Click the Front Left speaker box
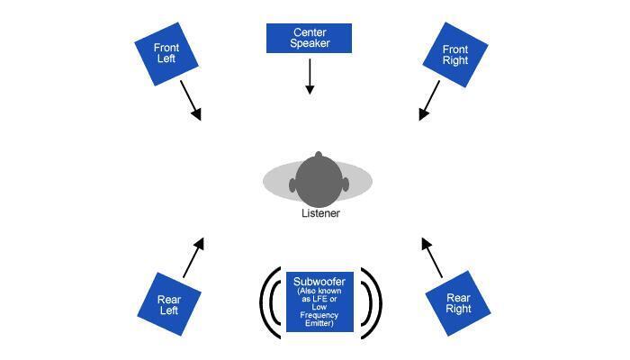point(166,54)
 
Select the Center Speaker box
point(309,38)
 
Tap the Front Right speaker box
point(455,55)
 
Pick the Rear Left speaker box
point(168,304)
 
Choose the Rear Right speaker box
point(458,303)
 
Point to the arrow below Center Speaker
point(310,76)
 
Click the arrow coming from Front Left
point(191,100)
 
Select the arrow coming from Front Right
point(429,100)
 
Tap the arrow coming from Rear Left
point(193,257)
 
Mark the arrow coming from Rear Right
point(432,257)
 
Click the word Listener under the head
point(320,213)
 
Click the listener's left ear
point(292,185)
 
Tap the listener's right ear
point(346,185)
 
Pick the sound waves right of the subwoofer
point(371,302)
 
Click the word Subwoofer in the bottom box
point(320,283)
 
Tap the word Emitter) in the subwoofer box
point(320,323)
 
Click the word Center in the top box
point(309,32)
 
